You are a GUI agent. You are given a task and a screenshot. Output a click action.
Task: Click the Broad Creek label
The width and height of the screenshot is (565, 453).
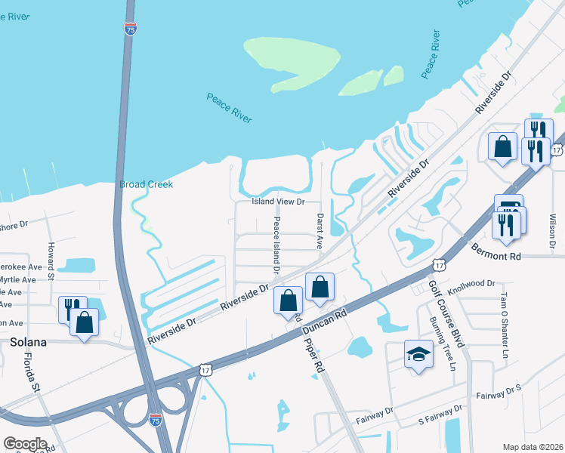coord(146,184)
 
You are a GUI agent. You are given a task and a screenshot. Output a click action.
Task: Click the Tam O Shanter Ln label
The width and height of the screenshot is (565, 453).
coord(503,324)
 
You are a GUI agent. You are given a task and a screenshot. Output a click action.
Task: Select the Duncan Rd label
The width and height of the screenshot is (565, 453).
coord(324,322)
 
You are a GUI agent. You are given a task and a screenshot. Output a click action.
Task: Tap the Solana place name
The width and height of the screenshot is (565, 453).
coord(29,342)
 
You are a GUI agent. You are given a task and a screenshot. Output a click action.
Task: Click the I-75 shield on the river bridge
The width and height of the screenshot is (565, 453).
coord(130,28)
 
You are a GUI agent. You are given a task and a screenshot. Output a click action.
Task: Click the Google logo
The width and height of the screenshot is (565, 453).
coord(25,444)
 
